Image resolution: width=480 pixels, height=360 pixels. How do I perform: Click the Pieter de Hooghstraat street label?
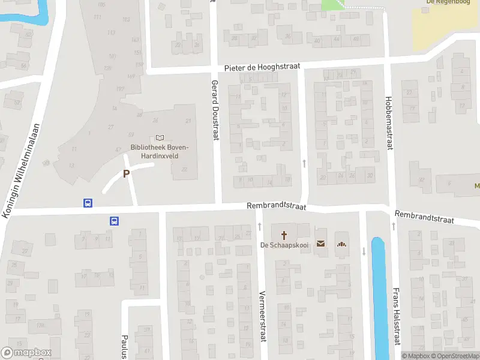[x=261, y=68]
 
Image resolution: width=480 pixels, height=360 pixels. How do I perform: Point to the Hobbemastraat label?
[x=389, y=122]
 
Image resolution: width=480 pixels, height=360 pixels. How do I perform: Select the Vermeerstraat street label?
[x=262, y=316]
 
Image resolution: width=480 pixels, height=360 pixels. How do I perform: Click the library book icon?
[x=160, y=138]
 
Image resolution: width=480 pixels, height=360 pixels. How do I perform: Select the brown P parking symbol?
[x=126, y=173]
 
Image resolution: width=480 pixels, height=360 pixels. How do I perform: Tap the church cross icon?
[x=283, y=233]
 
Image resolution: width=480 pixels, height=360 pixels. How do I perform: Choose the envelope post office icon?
[x=320, y=244]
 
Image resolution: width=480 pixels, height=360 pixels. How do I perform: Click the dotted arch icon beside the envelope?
[x=342, y=244]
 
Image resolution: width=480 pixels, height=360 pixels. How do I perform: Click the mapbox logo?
[x=26, y=353]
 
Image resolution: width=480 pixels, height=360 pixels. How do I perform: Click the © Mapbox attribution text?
[x=416, y=356]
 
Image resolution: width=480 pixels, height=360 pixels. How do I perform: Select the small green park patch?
[x=332, y=4]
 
